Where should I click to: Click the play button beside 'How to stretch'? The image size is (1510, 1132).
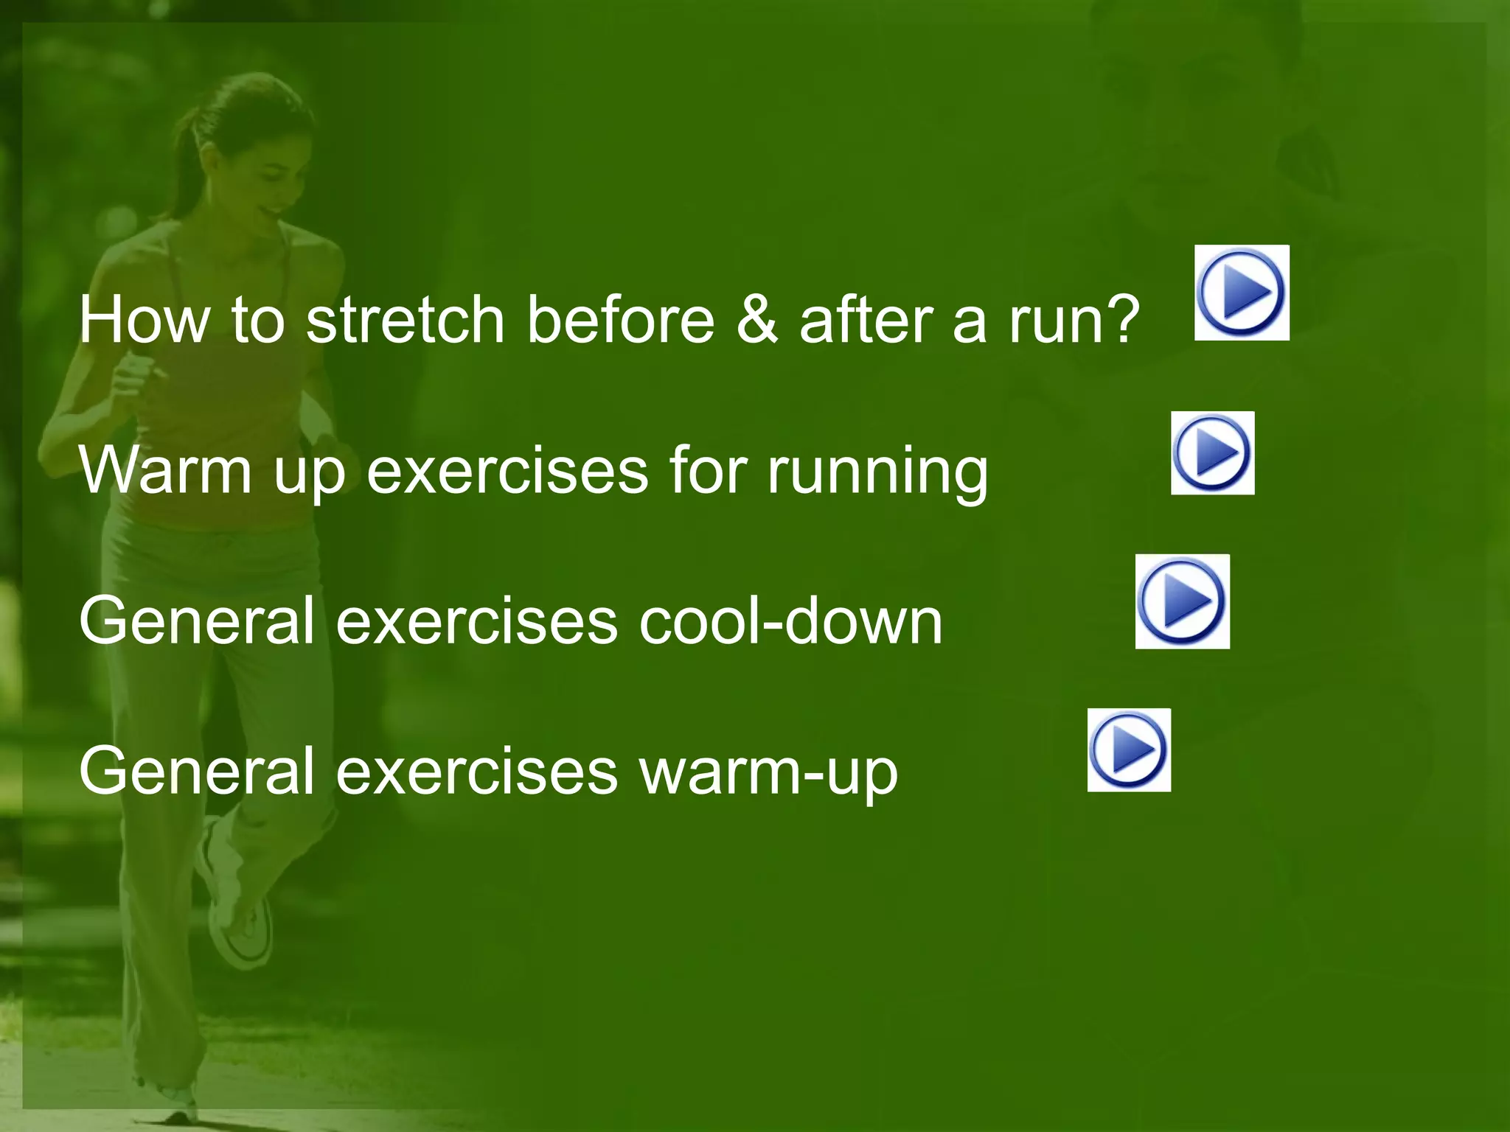(1242, 293)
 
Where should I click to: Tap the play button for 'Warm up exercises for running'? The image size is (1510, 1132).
(1212, 453)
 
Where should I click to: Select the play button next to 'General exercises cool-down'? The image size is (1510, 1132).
(1182, 601)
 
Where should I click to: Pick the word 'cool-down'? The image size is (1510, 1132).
(790, 621)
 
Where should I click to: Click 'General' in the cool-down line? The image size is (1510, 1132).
(198, 621)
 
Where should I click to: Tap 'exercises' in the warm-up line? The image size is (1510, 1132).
(477, 771)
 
